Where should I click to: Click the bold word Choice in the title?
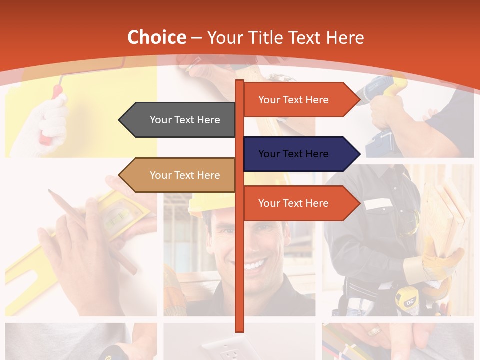click(156, 38)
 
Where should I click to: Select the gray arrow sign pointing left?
click(180, 120)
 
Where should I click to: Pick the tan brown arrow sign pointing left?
click(180, 175)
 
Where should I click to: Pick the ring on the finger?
click(374, 331)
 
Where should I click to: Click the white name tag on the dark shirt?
click(378, 204)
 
